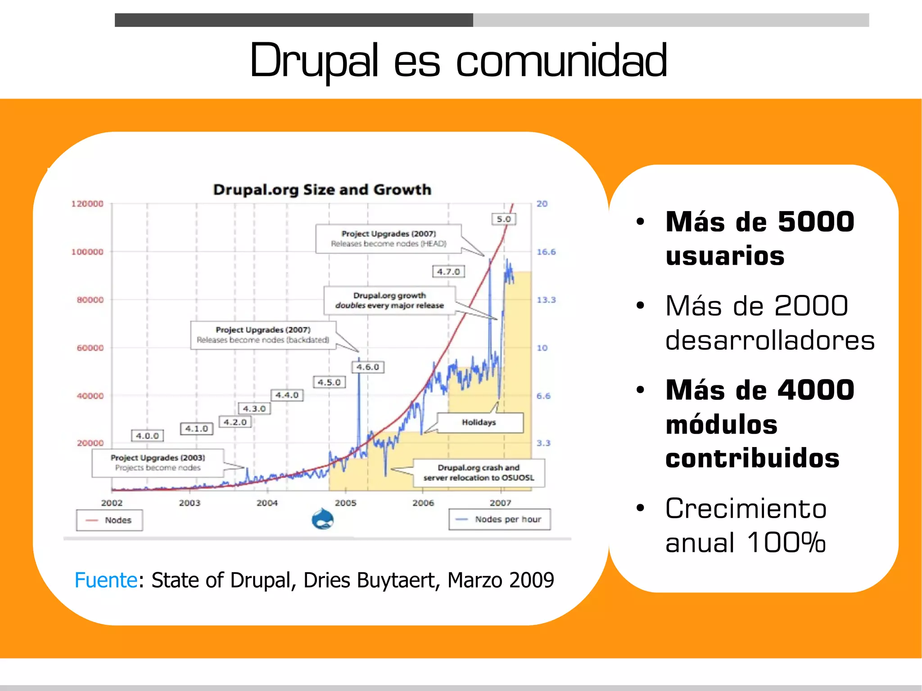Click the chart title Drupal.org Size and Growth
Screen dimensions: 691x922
click(322, 190)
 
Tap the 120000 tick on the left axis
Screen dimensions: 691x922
click(87, 204)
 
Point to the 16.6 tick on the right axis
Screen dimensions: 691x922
click(546, 252)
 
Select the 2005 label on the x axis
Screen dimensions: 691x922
click(345, 503)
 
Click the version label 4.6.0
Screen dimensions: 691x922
click(368, 367)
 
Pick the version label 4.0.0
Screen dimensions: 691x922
click(147, 436)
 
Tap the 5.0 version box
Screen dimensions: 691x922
click(503, 219)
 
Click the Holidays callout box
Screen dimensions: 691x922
click(479, 422)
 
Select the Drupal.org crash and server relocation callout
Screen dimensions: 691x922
click(479, 473)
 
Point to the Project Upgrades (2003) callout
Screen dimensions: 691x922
click(158, 463)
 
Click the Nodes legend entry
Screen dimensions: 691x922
click(109, 520)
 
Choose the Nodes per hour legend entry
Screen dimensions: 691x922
click(500, 519)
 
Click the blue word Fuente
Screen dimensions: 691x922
click(106, 580)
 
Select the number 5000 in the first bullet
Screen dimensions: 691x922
click(816, 222)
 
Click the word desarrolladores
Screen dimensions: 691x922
click(770, 340)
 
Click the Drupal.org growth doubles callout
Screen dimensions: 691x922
click(389, 300)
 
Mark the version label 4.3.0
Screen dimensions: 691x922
click(254, 409)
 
